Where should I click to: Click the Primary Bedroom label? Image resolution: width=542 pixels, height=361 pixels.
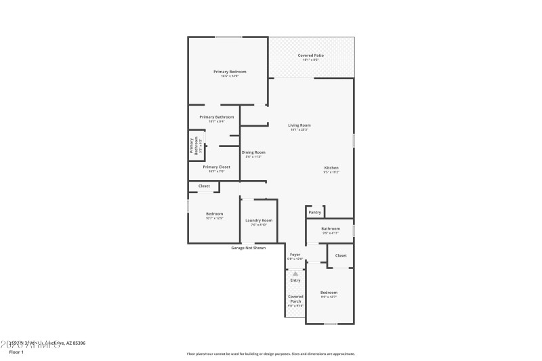[x=230, y=72]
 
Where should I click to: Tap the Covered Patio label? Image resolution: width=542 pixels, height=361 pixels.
[x=310, y=56]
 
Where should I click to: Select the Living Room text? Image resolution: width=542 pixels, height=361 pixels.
[x=299, y=125]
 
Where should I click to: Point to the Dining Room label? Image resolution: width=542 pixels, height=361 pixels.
[x=253, y=152]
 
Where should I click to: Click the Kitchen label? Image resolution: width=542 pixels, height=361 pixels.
[x=331, y=168]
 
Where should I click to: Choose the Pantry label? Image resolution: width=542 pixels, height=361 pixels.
[x=314, y=213]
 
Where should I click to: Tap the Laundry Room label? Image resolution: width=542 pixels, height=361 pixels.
[x=259, y=220]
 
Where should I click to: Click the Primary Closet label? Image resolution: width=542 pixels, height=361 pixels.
[x=216, y=167]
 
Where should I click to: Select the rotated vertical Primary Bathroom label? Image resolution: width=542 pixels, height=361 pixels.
[x=194, y=147]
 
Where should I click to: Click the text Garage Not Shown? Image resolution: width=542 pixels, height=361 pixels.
[x=248, y=248]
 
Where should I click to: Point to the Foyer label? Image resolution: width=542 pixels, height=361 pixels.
[x=295, y=255]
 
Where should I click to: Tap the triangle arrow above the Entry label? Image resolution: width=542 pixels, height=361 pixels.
[x=295, y=274]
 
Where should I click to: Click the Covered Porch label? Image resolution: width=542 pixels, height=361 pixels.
[x=295, y=299]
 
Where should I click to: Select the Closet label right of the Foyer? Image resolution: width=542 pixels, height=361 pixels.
[x=341, y=255]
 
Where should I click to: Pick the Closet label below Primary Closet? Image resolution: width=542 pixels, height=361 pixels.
[x=204, y=186]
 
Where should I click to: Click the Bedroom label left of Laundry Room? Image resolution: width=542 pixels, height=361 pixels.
[x=214, y=214]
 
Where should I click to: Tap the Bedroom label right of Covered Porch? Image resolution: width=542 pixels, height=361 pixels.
[x=329, y=292]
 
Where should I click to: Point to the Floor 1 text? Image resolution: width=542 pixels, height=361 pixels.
[x=16, y=352]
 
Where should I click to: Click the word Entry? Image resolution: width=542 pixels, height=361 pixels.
[x=295, y=280]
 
